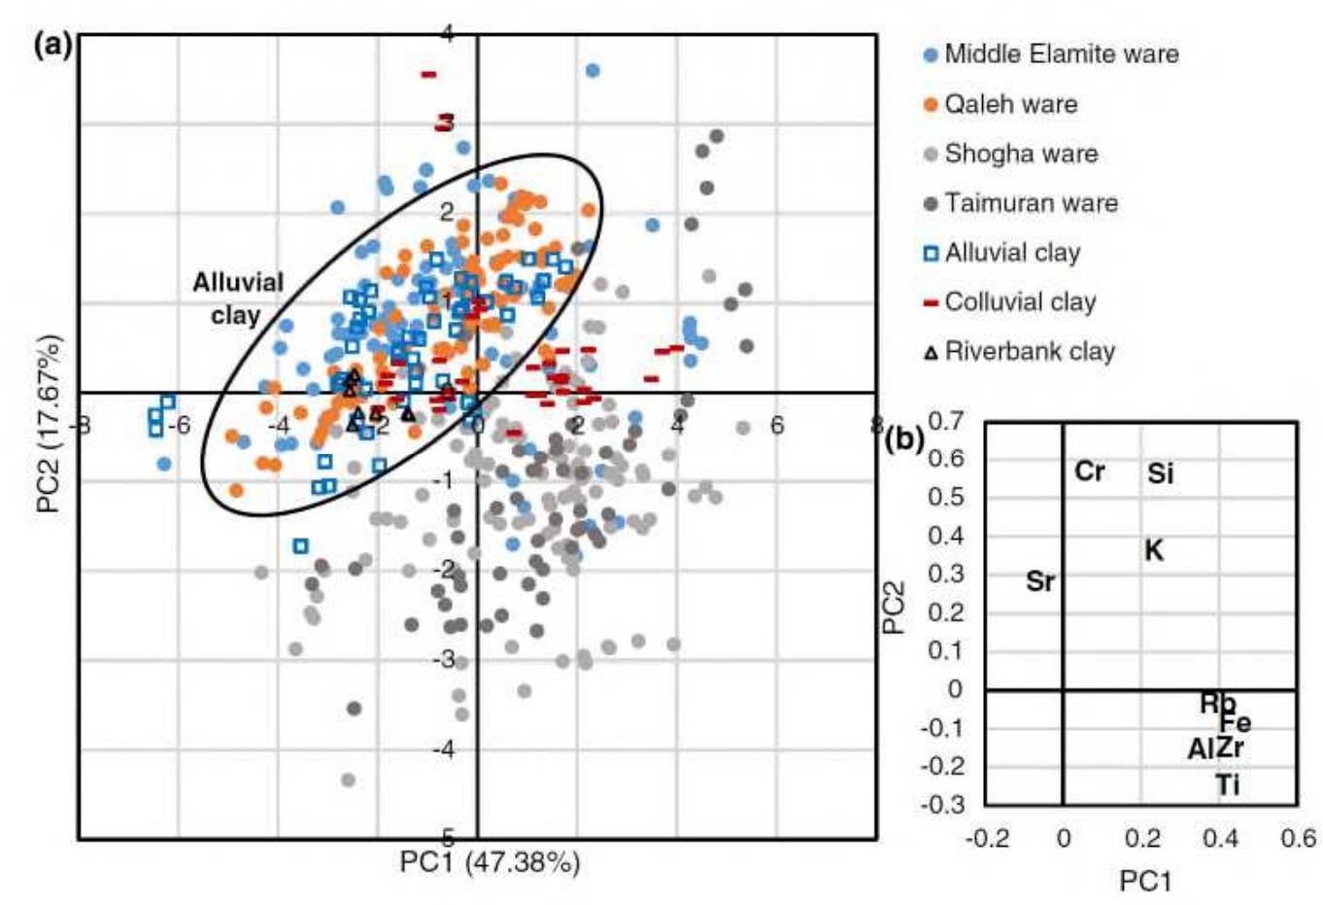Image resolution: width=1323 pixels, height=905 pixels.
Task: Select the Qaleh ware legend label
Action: (x=1010, y=104)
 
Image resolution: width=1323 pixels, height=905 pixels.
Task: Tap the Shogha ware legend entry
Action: (x=1020, y=154)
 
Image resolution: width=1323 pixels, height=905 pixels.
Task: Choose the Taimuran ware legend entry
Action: (x=1030, y=203)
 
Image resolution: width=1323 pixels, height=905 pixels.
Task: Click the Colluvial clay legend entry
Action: (x=1019, y=302)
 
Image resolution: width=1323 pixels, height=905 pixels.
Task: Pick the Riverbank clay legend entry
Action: (x=1029, y=352)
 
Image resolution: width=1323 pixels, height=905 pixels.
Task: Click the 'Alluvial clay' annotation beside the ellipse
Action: (x=237, y=298)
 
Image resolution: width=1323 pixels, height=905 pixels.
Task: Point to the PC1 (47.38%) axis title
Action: (x=490, y=862)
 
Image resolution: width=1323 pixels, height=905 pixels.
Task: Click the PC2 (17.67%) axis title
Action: (x=50, y=424)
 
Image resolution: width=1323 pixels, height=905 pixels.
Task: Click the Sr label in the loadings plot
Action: (x=1039, y=582)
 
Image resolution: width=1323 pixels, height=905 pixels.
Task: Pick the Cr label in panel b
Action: (x=1089, y=472)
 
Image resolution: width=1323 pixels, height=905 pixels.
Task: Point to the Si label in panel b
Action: (x=1160, y=474)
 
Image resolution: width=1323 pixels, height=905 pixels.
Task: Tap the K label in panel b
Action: (x=1153, y=551)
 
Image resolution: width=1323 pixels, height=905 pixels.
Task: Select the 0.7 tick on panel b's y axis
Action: (x=946, y=421)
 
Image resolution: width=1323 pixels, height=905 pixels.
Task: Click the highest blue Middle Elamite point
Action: (x=592, y=70)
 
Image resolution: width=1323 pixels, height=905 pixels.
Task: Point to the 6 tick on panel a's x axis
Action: (x=776, y=425)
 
